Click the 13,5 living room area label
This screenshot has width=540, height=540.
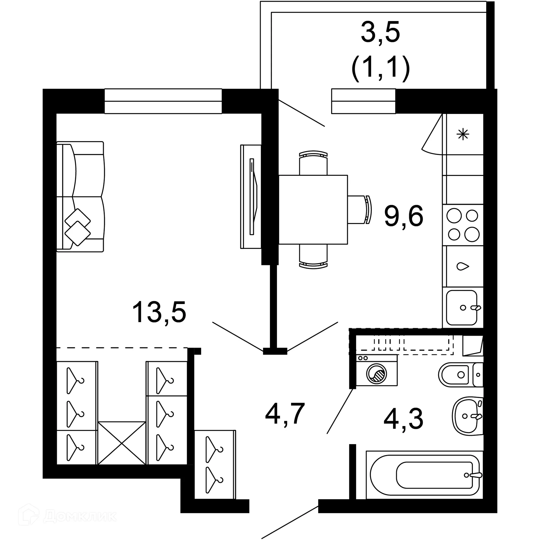pyautogui.click(x=159, y=312)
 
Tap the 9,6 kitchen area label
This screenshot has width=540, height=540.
pyautogui.click(x=404, y=216)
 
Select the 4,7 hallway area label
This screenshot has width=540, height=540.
pyautogui.click(x=285, y=414)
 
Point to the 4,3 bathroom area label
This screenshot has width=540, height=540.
pyautogui.click(x=403, y=419)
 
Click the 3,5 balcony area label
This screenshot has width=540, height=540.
pyautogui.click(x=380, y=33)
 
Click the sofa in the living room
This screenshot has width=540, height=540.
pyautogui.click(x=80, y=197)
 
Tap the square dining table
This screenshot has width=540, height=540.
pyautogui.click(x=313, y=210)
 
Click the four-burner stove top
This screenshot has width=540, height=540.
pyautogui.click(x=463, y=225)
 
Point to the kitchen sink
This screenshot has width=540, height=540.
pyautogui.click(x=462, y=308)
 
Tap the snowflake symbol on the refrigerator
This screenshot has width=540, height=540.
pyautogui.click(x=463, y=134)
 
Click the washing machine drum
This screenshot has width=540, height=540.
pyautogui.click(x=376, y=374)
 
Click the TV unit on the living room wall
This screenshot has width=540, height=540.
pyautogui.click(x=251, y=197)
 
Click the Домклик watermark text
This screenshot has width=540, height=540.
pyautogui.click(x=80, y=516)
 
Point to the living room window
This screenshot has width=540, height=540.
pyautogui.click(x=163, y=101)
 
